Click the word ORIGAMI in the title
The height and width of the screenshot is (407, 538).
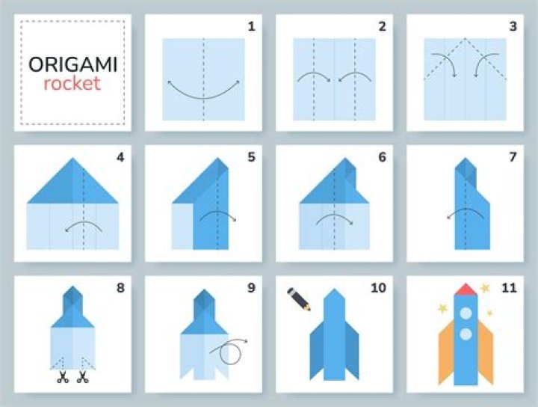[72, 64]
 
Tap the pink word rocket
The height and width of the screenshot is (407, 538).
[72, 84]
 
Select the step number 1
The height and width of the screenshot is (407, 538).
[252, 26]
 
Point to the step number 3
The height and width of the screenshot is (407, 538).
[513, 26]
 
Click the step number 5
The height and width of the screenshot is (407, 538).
[252, 157]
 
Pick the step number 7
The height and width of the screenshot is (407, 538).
[513, 157]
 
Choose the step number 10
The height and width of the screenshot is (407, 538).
[378, 288]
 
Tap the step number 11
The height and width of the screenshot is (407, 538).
[509, 288]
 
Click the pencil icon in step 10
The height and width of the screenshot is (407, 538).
[298, 299]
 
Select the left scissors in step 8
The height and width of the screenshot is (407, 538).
[63, 377]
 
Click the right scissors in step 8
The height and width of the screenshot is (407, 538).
[82, 377]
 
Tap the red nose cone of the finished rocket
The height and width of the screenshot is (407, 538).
[466, 290]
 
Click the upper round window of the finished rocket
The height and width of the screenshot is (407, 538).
[466, 313]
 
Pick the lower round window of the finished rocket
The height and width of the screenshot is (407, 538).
[466, 334]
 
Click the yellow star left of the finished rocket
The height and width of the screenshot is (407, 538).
[442, 308]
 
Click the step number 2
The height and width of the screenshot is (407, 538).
[383, 26]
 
